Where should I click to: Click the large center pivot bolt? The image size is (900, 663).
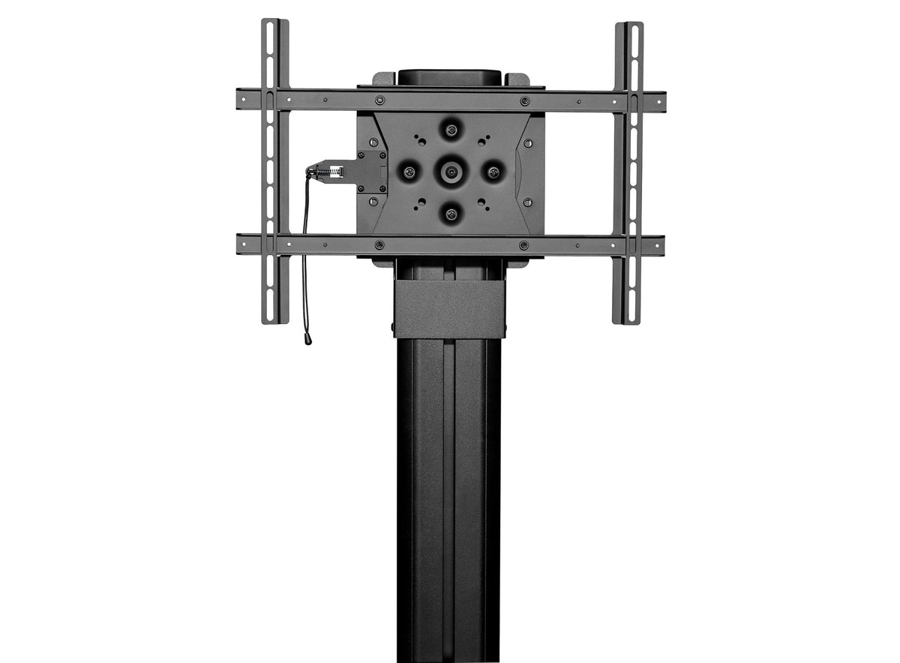coord(451,172)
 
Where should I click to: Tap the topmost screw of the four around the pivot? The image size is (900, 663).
coord(451,129)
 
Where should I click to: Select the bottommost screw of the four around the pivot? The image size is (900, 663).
coord(451,214)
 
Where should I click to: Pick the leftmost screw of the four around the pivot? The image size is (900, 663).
coord(409,172)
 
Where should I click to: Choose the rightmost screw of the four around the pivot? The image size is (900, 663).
coord(493,172)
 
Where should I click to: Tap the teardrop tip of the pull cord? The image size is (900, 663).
coord(307,339)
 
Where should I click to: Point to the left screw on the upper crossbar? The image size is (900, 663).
coord(380,100)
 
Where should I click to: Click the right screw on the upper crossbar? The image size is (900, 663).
coord(524,100)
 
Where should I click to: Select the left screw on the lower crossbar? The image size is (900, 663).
coord(380,244)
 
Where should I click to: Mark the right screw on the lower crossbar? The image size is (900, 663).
coord(524,244)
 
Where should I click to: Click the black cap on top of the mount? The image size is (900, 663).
coord(450,76)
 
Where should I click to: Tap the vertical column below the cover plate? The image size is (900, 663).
coord(450,487)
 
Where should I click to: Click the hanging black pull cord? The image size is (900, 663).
coord(305,255)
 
